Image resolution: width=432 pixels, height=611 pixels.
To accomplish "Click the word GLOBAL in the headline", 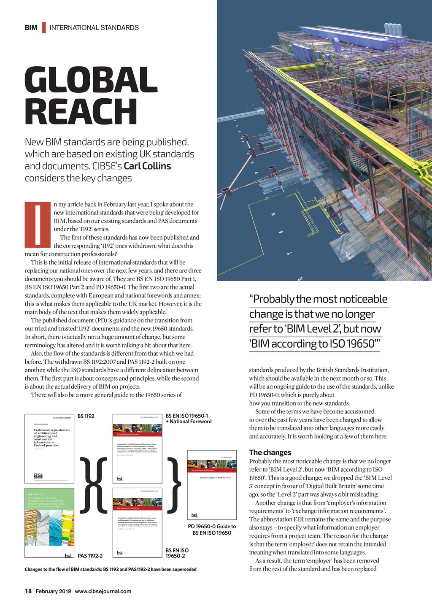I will click(x=91, y=80).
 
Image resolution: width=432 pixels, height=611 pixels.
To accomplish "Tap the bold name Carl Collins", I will click(x=147, y=166).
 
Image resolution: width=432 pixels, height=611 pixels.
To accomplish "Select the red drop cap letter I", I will click(x=38, y=224).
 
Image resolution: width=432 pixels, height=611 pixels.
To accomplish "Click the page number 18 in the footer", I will click(x=28, y=591).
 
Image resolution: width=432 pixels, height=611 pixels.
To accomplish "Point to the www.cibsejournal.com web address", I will click(x=103, y=591).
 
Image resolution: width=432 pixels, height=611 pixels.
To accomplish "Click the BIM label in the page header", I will click(x=31, y=28).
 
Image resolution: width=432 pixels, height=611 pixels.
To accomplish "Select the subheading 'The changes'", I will click(x=270, y=452).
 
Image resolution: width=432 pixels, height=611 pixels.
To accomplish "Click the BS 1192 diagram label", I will click(x=86, y=416).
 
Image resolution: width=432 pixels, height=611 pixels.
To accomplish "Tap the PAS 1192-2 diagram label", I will click(x=90, y=556).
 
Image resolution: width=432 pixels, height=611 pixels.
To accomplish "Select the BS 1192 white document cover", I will click(x=49, y=449).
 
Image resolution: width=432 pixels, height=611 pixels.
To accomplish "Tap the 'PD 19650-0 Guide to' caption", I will click(x=212, y=526).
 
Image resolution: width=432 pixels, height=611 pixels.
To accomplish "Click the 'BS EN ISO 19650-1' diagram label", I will click(x=186, y=416).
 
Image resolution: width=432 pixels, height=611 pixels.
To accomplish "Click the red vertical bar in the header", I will click(x=44, y=28).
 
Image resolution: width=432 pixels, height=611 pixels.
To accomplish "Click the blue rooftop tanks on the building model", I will click(x=392, y=29).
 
